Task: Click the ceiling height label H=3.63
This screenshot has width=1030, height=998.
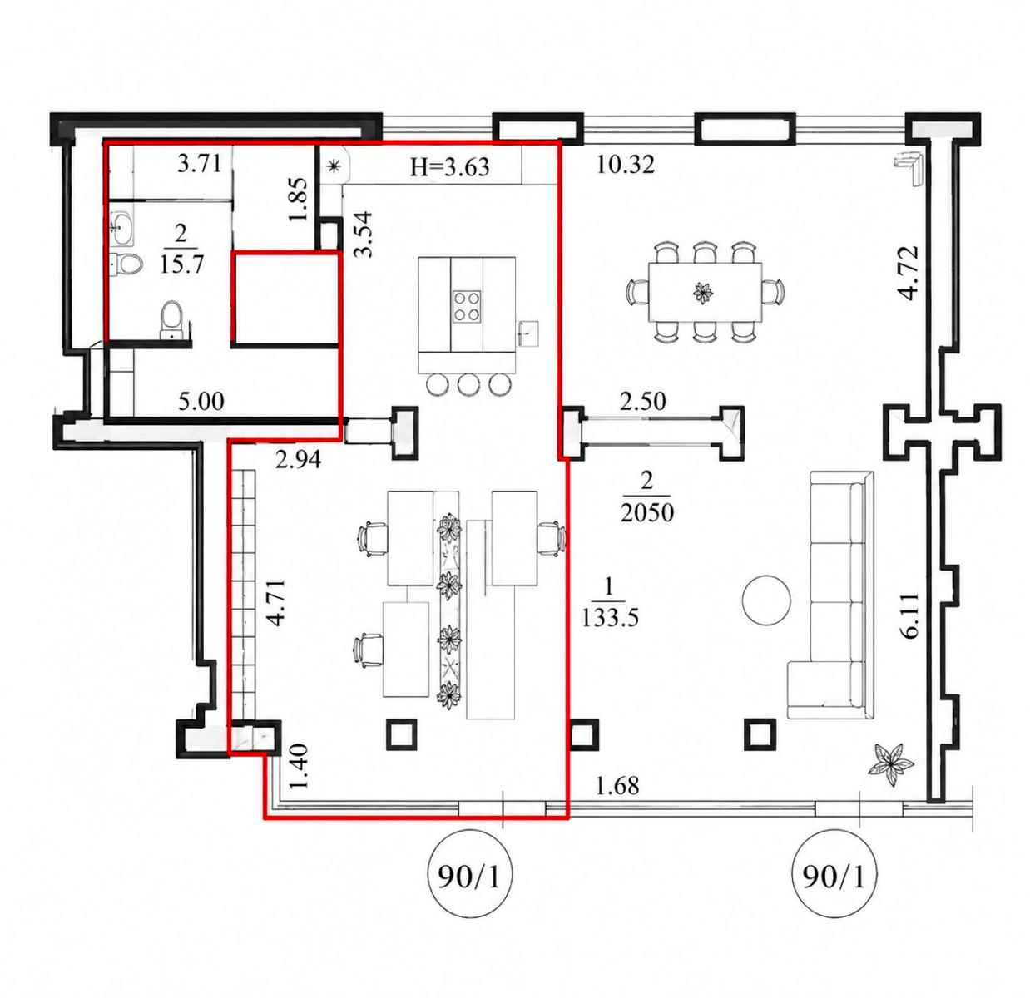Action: (450, 167)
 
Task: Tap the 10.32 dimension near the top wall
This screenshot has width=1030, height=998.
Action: (625, 164)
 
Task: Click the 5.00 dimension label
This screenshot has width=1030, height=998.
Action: (201, 402)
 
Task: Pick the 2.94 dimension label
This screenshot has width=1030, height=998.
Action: (298, 460)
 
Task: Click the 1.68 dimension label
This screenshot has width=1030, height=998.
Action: (617, 786)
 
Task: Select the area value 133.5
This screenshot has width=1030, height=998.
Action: (610, 617)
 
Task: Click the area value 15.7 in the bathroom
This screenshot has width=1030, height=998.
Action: (181, 264)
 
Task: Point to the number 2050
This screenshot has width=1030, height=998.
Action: (646, 511)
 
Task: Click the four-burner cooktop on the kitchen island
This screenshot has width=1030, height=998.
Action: (467, 307)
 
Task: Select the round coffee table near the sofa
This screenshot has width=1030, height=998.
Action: (766, 600)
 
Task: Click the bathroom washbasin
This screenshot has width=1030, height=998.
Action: (123, 228)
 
